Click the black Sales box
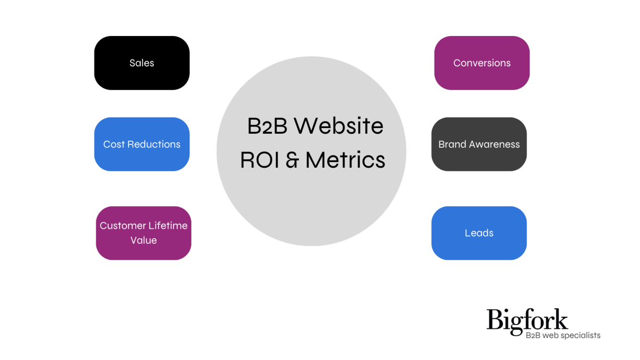142,63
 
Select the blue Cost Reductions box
142,144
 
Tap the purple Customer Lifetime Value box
143,233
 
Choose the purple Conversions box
482,63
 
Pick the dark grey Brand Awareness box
479,144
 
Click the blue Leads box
479,233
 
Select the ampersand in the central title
292,160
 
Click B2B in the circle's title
266,126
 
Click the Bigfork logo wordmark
527,321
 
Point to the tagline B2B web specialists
563,335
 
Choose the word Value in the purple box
144,240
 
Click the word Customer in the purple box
123,226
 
